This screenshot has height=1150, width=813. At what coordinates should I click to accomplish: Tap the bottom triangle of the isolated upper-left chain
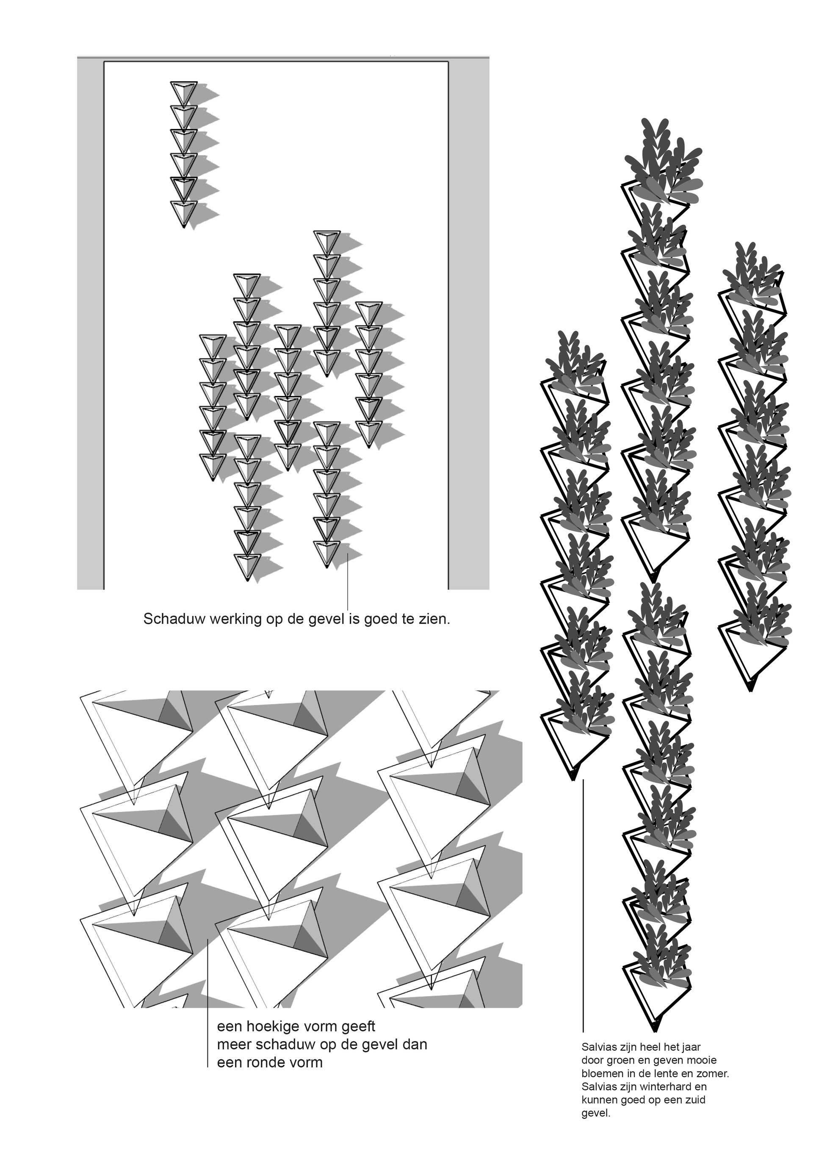click(x=184, y=213)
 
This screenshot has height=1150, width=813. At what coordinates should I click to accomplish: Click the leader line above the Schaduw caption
click(x=348, y=581)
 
